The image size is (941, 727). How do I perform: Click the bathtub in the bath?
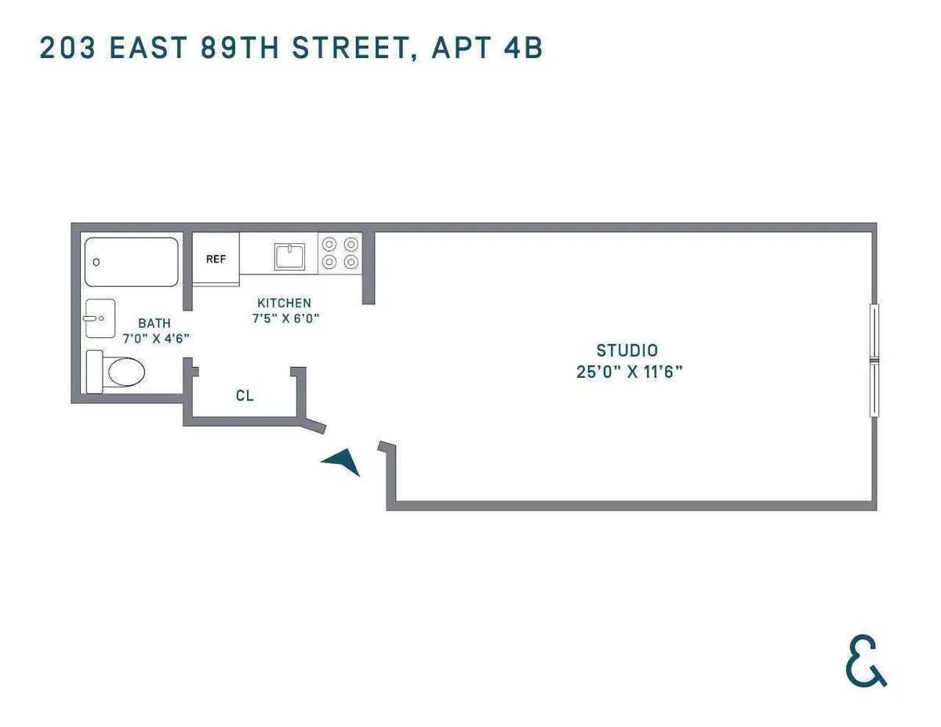pyautogui.click(x=131, y=262)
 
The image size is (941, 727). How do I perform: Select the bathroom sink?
pyautogui.click(x=100, y=318)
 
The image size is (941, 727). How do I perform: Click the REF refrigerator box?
pyautogui.click(x=216, y=259)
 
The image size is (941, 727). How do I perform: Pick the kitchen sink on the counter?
pyautogui.click(x=289, y=256)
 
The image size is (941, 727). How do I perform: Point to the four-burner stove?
pyautogui.click(x=340, y=253)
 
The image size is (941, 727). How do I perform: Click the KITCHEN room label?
pyautogui.click(x=284, y=303)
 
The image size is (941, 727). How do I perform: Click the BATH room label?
pyautogui.click(x=154, y=323)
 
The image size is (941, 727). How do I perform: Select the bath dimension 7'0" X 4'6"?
pyautogui.click(x=157, y=339)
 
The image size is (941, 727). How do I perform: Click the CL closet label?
pyautogui.click(x=245, y=396)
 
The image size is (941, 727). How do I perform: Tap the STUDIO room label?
pyautogui.click(x=627, y=351)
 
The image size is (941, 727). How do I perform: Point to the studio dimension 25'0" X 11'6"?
pyautogui.click(x=629, y=372)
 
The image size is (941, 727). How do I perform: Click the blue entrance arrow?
pyautogui.click(x=343, y=462)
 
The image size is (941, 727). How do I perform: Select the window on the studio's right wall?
pyautogui.click(x=874, y=360)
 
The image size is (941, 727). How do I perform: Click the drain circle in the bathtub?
pyautogui.click(x=96, y=262)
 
